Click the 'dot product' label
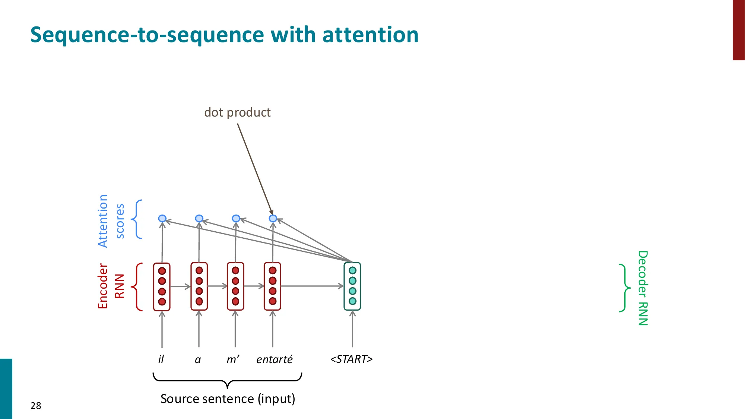pos(237,112)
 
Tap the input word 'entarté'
pos(274,359)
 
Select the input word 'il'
pos(161,359)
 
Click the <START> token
pos(351,359)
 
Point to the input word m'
pos(233,359)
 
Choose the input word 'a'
pos(198,360)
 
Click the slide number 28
pos(36,406)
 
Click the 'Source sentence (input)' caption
pos(228,399)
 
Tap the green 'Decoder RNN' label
pos(643,288)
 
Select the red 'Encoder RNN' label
pos(111,286)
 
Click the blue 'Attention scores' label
pos(111,221)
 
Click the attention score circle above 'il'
pos(162,218)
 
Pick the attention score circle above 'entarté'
pos(273,218)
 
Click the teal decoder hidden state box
pos(352,286)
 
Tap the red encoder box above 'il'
pos(162,286)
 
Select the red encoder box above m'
pos(235,286)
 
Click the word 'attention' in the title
pos(370,35)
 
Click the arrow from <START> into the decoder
pos(352,330)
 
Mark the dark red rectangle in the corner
pos(739,30)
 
